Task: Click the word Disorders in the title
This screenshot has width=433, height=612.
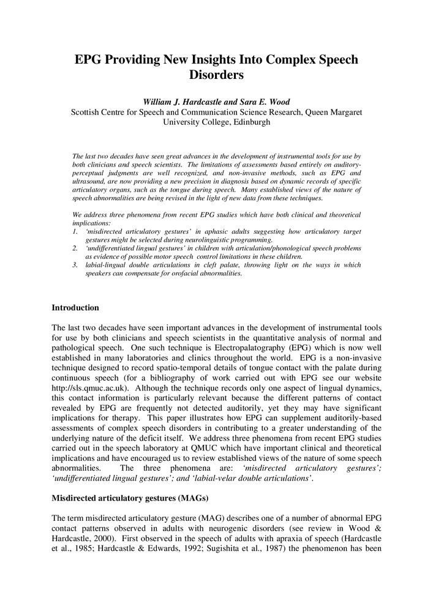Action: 216,76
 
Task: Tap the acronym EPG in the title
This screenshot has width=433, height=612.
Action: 90,60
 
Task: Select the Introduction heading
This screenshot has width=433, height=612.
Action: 75,307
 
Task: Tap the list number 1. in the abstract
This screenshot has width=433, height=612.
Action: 75,232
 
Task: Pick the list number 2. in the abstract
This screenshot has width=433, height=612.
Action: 75,248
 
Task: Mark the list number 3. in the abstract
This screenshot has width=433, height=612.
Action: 75,265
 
